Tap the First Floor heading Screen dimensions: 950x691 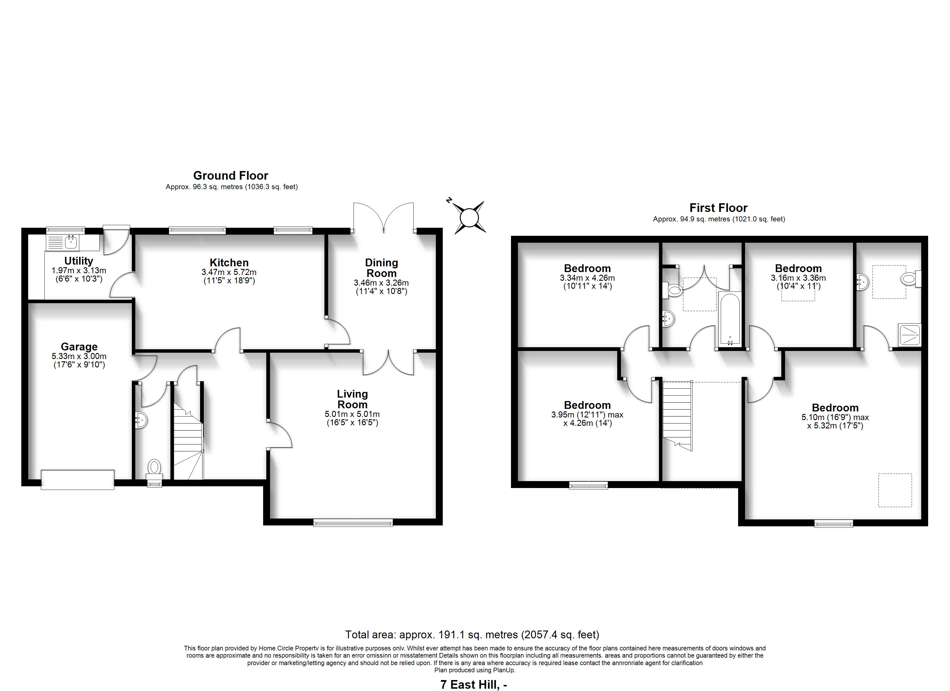pyautogui.click(x=718, y=208)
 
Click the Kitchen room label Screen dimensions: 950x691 pyautogui.click(x=229, y=263)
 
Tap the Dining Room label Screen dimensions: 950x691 pyautogui.click(x=381, y=268)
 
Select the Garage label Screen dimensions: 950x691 pyautogui.click(x=79, y=347)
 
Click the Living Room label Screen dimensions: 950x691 pyautogui.click(x=352, y=399)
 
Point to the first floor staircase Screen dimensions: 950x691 pyautogui.click(x=677, y=416)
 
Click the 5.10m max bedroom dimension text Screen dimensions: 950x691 pyautogui.click(x=835, y=422)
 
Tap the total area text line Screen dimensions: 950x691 pyautogui.click(x=472, y=635)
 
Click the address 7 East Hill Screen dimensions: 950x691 pyautogui.click(x=474, y=685)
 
